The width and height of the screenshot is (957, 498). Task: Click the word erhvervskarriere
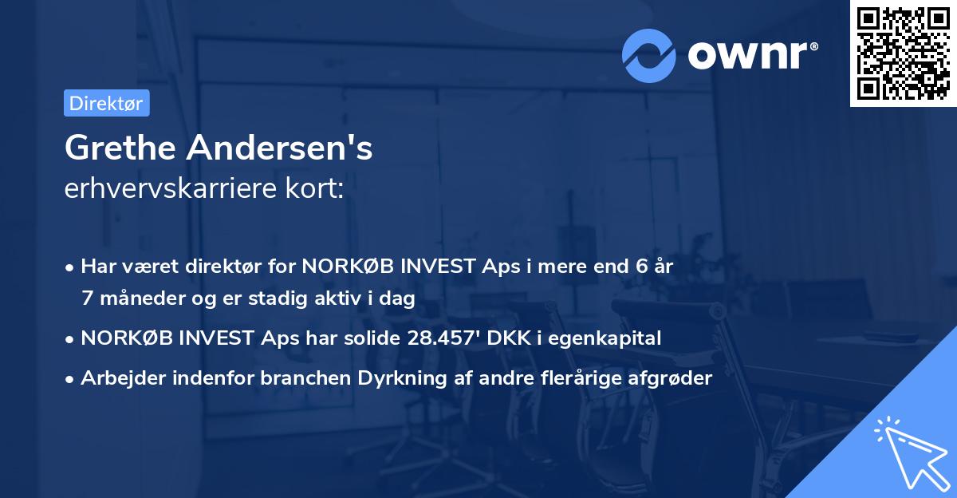coord(176,188)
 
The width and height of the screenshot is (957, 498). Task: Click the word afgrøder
coord(671,378)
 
